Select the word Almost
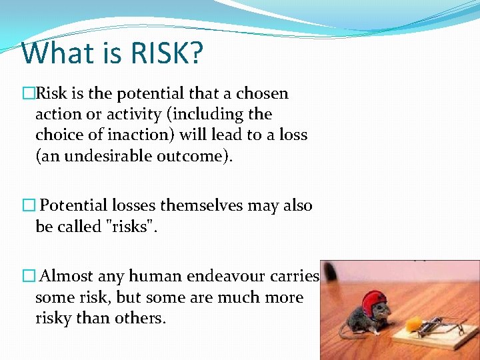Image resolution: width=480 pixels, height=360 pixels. pyautogui.click(x=67, y=276)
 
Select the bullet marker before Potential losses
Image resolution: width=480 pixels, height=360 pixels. pyautogui.click(x=27, y=206)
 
